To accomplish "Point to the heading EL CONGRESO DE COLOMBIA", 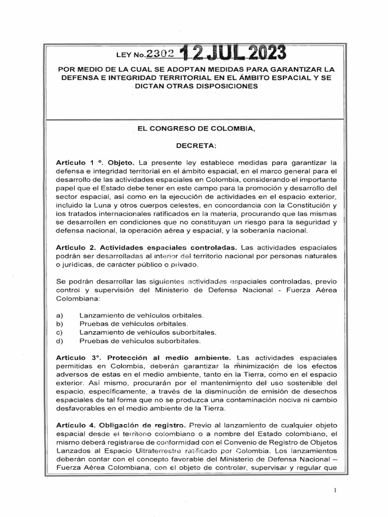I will (x=197, y=129).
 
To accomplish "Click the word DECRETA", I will (x=196, y=146).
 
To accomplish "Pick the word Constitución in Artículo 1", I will (x=306, y=206).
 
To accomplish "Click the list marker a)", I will (x=59, y=315).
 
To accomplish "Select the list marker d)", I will (x=60, y=341).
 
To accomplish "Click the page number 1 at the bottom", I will (x=335, y=490).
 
